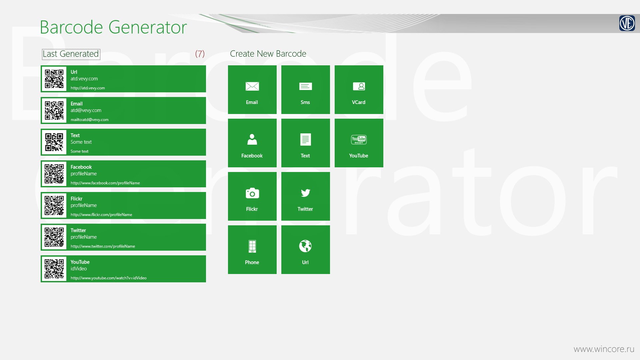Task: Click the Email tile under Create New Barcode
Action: tap(252, 89)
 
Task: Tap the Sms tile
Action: tap(305, 89)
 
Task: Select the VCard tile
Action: tap(359, 89)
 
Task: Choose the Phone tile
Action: tap(252, 249)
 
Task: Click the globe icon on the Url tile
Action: tap(305, 246)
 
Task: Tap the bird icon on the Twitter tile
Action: tap(305, 193)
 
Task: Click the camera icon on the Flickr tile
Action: tap(252, 193)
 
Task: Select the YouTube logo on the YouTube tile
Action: tap(359, 140)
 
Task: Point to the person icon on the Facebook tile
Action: tap(252, 139)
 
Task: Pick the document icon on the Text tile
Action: tap(305, 140)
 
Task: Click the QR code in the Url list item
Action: tap(54, 79)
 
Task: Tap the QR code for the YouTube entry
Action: tap(54, 269)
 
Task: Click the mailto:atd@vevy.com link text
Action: tap(89, 120)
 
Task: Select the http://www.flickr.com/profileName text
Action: tap(101, 215)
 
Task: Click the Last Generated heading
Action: tap(71, 54)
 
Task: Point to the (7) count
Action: tap(200, 54)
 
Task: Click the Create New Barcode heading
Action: tap(268, 54)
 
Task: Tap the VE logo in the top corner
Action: tap(627, 23)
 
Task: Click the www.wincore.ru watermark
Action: tap(604, 349)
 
